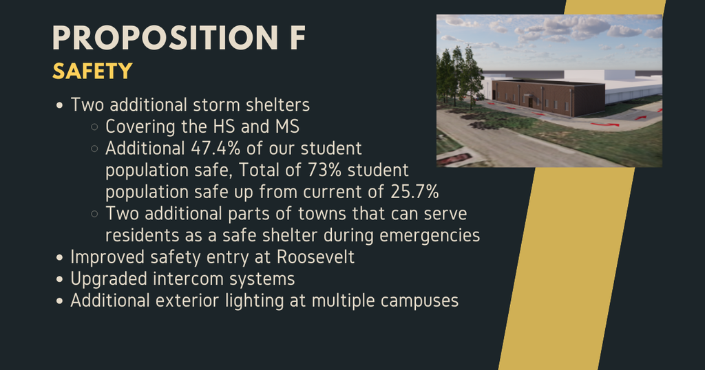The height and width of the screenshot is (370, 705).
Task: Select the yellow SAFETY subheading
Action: (92, 71)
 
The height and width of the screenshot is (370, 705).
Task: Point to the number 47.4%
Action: (213, 149)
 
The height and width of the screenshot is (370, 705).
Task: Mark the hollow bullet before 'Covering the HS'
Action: (94, 128)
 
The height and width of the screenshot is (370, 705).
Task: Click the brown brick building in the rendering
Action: (544, 97)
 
